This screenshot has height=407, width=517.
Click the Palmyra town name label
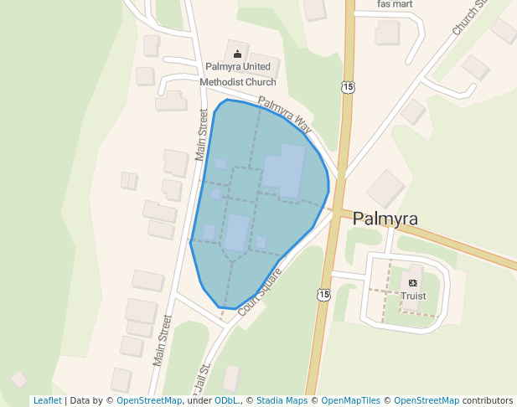pyautogui.click(x=385, y=219)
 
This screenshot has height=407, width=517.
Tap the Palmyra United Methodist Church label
pyautogui.click(x=238, y=74)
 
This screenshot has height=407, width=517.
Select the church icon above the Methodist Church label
pyautogui.click(x=238, y=54)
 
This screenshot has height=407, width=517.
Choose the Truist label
pyautogui.click(x=413, y=296)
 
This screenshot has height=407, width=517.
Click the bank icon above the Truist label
pyautogui.click(x=413, y=282)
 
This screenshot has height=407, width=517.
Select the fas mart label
pyautogui.click(x=396, y=4)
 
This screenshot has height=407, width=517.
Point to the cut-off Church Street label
pyautogui.click(x=470, y=18)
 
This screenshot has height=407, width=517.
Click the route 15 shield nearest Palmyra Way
pyautogui.click(x=348, y=87)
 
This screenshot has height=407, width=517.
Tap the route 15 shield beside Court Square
pyautogui.click(x=323, y=294)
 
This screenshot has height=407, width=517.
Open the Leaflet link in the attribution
pyautogui.click(x=47, y=400)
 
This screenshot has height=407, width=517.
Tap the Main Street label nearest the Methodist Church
pyautogui.click(x=202, y=134)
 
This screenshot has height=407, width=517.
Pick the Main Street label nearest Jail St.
pyautogui.click(x=162, y=340)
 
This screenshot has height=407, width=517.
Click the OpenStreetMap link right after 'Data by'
pyautogui.click(x=149, y=400)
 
